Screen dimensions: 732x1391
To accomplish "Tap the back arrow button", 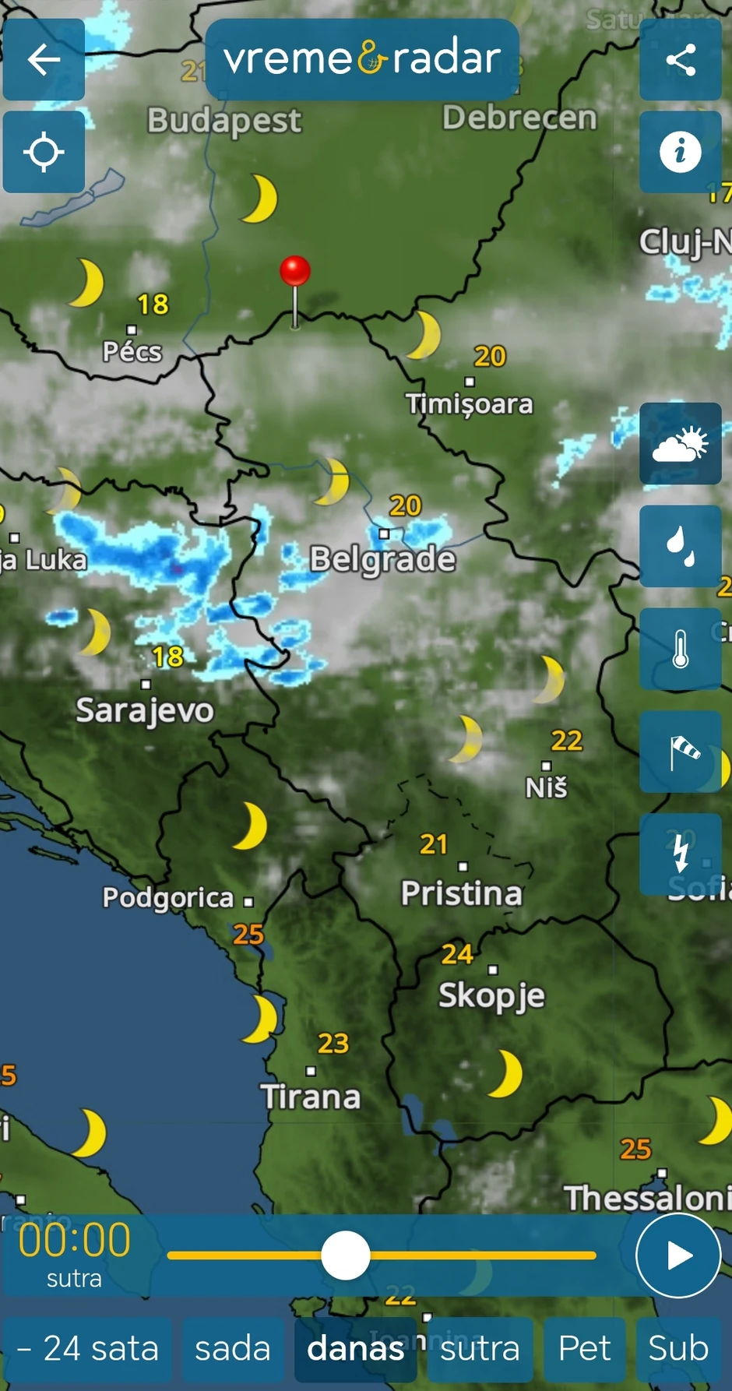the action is [44, 60].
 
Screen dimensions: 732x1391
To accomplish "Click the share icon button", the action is [681, 60].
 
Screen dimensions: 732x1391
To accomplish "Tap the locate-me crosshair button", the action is [44, 152].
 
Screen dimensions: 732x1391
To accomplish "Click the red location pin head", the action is [295, 270].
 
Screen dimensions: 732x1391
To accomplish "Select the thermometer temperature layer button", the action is [681, 649].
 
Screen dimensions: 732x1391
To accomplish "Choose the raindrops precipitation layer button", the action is [681, 546].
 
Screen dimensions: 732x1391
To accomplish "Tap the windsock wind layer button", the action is [681, 752].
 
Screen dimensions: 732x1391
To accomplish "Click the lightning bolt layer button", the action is [681, 854].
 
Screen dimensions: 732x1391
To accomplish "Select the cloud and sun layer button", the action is [681, 444].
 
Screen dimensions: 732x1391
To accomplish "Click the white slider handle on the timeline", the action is [346, 1255].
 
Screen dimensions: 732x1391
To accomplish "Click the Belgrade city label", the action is [382, 558].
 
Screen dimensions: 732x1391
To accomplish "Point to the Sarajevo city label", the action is [145, 710].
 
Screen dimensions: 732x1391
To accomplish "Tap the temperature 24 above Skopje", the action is [457, 953].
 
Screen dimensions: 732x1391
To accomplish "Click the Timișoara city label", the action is [470, 403].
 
